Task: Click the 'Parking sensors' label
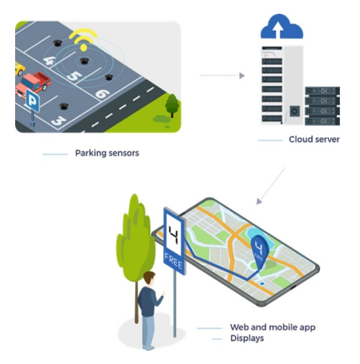107,153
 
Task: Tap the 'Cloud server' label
314,139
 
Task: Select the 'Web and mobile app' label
273,328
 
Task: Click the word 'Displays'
247,339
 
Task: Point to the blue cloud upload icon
282,27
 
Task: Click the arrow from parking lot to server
222,76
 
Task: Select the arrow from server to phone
271,186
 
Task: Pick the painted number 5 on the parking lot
74,76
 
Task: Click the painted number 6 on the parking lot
103,94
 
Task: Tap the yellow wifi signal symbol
83,39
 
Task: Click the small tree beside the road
172,105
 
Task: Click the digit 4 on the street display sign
174,235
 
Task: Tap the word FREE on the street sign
173,261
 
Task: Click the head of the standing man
149,279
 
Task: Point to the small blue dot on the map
262,283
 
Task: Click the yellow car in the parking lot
19,68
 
